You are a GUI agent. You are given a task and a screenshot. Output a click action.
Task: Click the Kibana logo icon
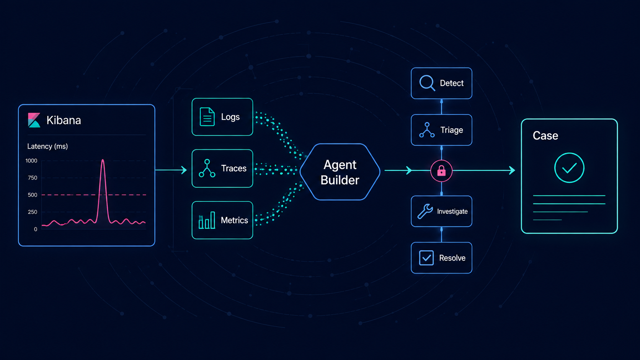(x=34, y=120)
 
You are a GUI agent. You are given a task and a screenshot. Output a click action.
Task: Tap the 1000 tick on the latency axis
(x=31, y=161)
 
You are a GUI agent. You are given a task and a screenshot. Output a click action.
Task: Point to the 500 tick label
(x=33, y=195)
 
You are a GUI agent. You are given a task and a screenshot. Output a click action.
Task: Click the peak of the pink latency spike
(x=103, y=160)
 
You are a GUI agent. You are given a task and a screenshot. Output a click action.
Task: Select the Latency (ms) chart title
(x=47, y=147)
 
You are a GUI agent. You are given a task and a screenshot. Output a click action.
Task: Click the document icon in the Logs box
(x=207, y=117)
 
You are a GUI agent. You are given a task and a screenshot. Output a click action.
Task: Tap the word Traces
(x=234, y=168)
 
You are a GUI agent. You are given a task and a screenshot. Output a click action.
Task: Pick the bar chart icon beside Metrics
(x=207, y=220)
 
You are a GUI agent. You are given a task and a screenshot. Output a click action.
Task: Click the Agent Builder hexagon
(x=340, y=172)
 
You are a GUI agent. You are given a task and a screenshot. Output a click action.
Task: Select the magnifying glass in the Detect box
(x=427, y=83)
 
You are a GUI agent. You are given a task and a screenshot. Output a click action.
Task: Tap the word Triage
(x=452, y=130)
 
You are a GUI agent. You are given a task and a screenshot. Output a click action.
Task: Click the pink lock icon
(x=441, y=171)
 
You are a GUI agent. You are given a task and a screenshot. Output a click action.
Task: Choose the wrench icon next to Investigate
(x=425, y=212)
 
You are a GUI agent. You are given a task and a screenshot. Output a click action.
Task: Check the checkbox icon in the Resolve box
(x=426, y=258)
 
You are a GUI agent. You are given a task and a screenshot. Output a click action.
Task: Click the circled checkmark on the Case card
(x=569, y=168)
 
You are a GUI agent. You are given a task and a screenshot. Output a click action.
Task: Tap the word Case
(x=545, y=135)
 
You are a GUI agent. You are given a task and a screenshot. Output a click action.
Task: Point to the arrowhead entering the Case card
(x=512, y=171)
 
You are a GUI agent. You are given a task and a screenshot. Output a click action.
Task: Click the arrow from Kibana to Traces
(x=171, y=170)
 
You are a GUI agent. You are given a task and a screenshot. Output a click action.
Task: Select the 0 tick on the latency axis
(x=36, y=229)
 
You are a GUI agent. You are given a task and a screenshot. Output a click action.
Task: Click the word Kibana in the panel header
(x=64, y=120)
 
